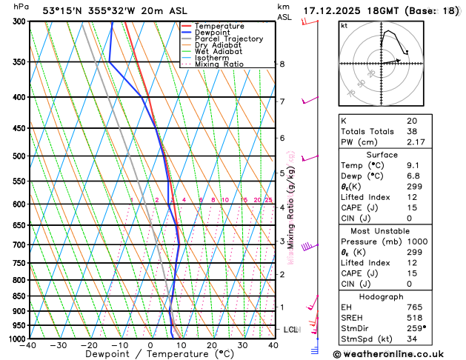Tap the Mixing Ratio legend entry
coord(220,64)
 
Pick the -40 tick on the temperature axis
coord(27,345)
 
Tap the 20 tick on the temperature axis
coord(211,345)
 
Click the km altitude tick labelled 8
coord(282,64)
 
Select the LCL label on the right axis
coord(290,329)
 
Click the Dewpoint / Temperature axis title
coord(150,355)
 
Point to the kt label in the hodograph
coord(344,26)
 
